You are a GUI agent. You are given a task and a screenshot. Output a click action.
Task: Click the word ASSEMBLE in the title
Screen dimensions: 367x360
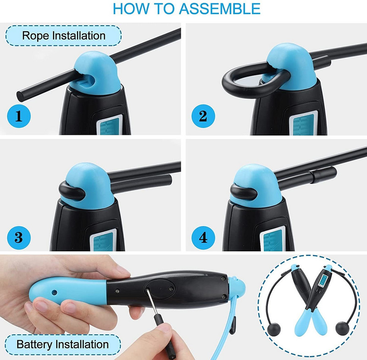pyautogui.click(x=220, y=8)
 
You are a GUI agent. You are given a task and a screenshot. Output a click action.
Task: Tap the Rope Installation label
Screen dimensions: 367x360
pyautogui.click(x=64, y=36)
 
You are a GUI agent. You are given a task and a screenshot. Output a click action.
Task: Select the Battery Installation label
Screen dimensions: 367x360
pyautogui.click(x=63, y=345)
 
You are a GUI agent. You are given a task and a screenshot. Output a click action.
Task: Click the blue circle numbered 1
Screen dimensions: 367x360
pyautogui.click(x=19, y=116)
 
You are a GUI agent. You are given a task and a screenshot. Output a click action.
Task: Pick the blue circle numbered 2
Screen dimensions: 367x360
pyautogui.click(x=203, y=116)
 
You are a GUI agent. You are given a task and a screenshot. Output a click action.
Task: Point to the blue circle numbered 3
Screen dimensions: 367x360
pyautogui.click(x=19, y=238)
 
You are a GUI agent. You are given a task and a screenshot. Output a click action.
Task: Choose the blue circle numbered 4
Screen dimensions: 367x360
pyautogui.click(x=203, y=238)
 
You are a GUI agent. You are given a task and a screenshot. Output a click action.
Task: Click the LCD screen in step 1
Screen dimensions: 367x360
pyautogui.click(x=110, y=126)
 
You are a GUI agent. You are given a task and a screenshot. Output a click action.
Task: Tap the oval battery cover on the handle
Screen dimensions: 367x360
pyautogui.click(x=159, y=289)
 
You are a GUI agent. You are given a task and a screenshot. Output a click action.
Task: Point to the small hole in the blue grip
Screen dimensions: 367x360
pyautogui.click(x=54, y=292)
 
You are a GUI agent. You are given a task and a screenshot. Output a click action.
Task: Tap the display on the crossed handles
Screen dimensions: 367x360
pyautogui.click(x=324, y=280)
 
